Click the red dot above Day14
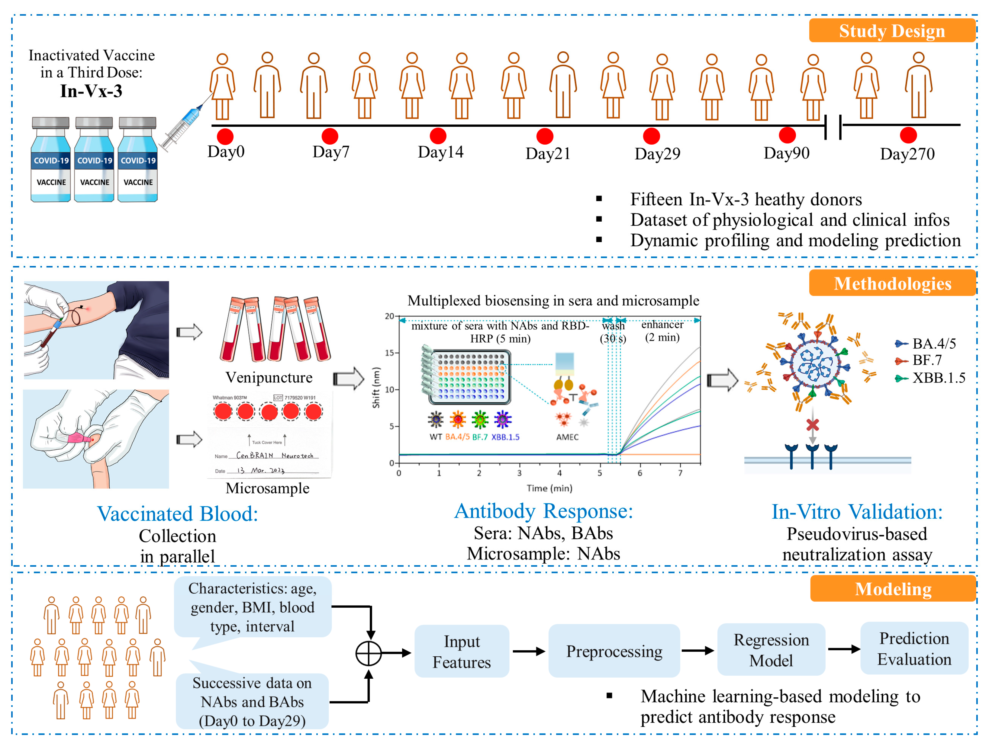point(438,136)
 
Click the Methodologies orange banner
point(892,283)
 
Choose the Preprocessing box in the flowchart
point(614,651)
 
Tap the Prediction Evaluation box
point(914,648)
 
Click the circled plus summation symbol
point(369,654)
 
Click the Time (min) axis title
point(549,488)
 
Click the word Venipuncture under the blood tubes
point(269,378)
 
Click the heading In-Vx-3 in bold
point(91,91)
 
